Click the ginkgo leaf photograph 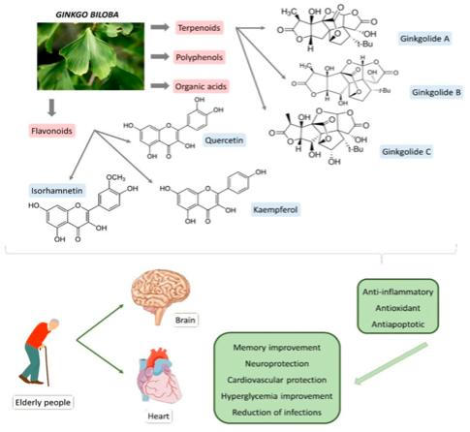coord(76,56)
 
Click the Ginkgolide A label coord(426,41)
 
